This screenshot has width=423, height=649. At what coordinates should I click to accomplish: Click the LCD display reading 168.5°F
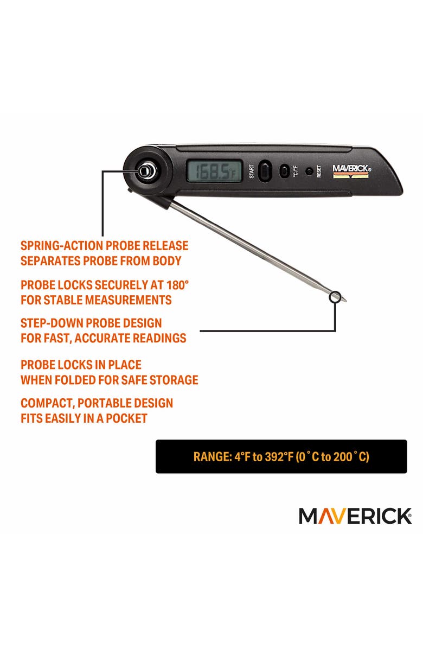tap(214, 172)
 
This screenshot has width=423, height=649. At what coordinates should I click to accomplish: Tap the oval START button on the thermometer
tap(264, 170)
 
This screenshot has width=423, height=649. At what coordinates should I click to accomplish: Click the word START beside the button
tap(252, 171)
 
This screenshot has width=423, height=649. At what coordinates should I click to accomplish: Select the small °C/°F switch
tap(283, 171)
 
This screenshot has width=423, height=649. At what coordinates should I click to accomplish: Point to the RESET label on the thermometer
tap(319, 171)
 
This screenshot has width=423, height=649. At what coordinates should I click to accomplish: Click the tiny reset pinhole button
tap(309, 171)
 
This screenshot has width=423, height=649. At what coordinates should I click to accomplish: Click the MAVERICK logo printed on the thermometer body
tap(351, 169)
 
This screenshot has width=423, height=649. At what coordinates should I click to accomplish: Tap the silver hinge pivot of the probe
tap(144, 171)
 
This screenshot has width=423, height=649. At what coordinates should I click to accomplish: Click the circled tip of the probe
tap(335, 297)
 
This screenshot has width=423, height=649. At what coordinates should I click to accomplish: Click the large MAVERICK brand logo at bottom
tap(355, 516)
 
